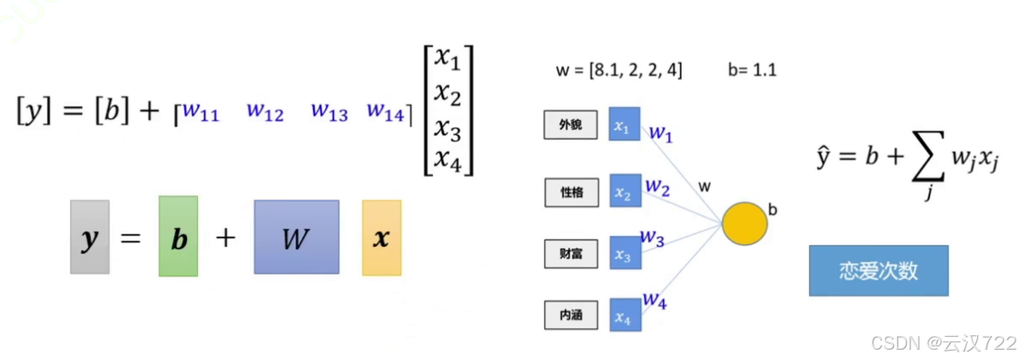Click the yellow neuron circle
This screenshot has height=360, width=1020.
tap(744, 223)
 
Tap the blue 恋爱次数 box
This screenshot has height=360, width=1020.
tap(879, 271)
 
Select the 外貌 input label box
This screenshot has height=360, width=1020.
tap(570, 126)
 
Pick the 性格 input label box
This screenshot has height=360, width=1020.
tap(570, 193)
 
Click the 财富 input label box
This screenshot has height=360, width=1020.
tap(570, 255)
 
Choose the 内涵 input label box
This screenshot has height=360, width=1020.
tap(570, 316)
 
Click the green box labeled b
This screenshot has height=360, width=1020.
tap(178, 237)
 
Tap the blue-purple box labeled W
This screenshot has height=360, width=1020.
tap(296, 237)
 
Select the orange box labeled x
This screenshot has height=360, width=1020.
tap(381, 237)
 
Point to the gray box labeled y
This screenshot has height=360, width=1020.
tap(89, 237)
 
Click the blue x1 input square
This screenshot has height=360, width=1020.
tap(623, 124)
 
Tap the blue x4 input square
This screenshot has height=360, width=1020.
tap(623, 317)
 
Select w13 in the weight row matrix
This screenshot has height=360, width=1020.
tap(329, 111)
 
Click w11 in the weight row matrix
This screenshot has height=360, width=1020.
tap(201, 111)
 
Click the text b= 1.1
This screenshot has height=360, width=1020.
tap(753, 71)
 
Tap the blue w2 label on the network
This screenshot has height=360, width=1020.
tap(657, 185)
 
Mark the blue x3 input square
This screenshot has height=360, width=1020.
tap(623, 255)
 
